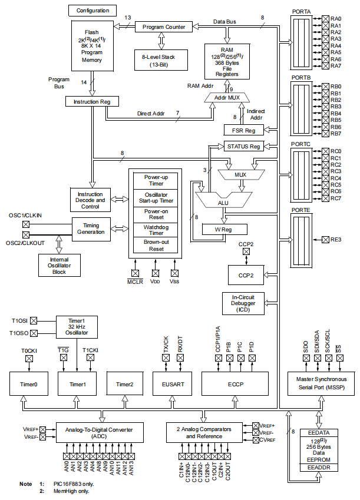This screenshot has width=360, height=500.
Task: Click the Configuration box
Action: (x=93, y=11)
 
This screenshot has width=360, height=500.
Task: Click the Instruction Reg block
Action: (x=91, y=101)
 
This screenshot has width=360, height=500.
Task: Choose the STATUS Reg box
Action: (x=243, y=146)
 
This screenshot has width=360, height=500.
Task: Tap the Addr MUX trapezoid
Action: (x=227, y=97)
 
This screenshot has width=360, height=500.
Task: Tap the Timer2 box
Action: (x=124, y=384)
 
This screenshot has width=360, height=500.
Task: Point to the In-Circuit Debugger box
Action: (x=243, y=303)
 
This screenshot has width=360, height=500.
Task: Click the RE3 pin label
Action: (x=336, y=239)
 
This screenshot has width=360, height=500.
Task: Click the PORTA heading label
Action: (x=301, y=11)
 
